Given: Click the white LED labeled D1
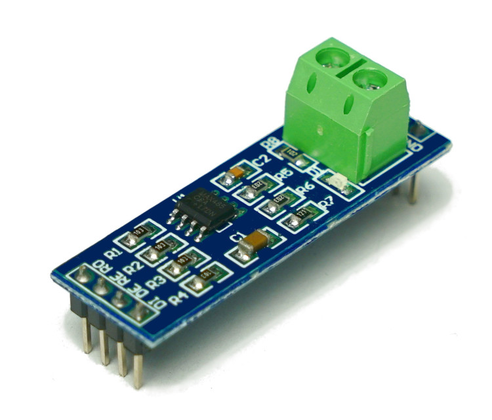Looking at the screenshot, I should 338,182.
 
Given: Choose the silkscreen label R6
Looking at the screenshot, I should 305,191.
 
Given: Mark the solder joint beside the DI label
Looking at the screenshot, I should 139,314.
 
